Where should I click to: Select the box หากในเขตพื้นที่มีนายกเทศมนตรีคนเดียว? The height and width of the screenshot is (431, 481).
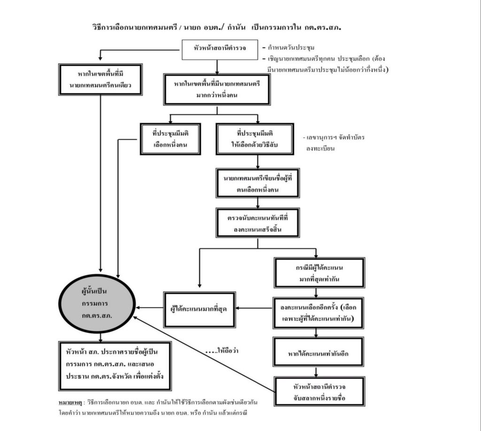point(101,79)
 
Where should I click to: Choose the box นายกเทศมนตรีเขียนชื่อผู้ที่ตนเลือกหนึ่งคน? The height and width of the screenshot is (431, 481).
point(258,182)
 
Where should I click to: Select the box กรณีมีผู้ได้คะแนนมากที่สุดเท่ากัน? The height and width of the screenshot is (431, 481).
point(319,272)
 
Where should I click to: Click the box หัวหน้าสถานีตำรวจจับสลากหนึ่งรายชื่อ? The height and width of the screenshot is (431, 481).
point(319,392)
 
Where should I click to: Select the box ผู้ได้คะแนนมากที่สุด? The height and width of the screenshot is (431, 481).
point(199,309)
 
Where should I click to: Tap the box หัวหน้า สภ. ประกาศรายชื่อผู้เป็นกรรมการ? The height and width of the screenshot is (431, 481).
point(116,366)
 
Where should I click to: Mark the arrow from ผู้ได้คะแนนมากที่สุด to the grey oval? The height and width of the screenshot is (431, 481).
point(149,308)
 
